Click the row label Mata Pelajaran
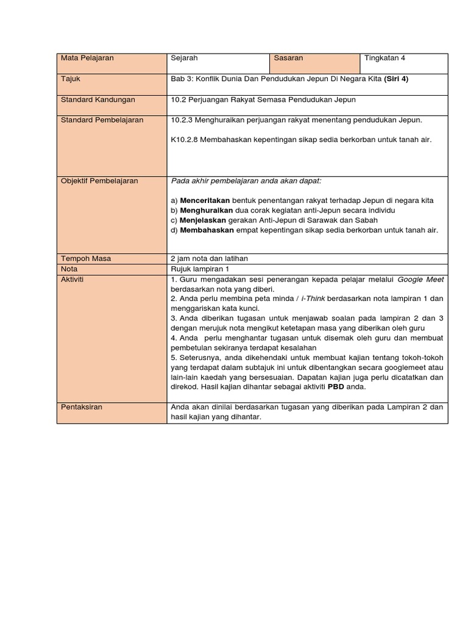coord(87,58)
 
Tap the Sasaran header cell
coord(288,58)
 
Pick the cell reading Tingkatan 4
coord(385,58)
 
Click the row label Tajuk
coord(71,79)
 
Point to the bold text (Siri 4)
coord(396,79)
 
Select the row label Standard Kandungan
coord(98,100)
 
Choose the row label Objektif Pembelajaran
coord(99,181)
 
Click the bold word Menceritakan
coord(205,200)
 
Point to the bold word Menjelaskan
coord(203,220)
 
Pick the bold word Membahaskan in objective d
coord(205,230)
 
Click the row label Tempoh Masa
coord(86,258)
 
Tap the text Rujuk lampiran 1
coord(200,269)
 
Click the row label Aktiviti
coord(73,279)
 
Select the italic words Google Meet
coord(421,279)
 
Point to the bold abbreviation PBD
coord(336,387)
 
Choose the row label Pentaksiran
coord(82,407)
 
